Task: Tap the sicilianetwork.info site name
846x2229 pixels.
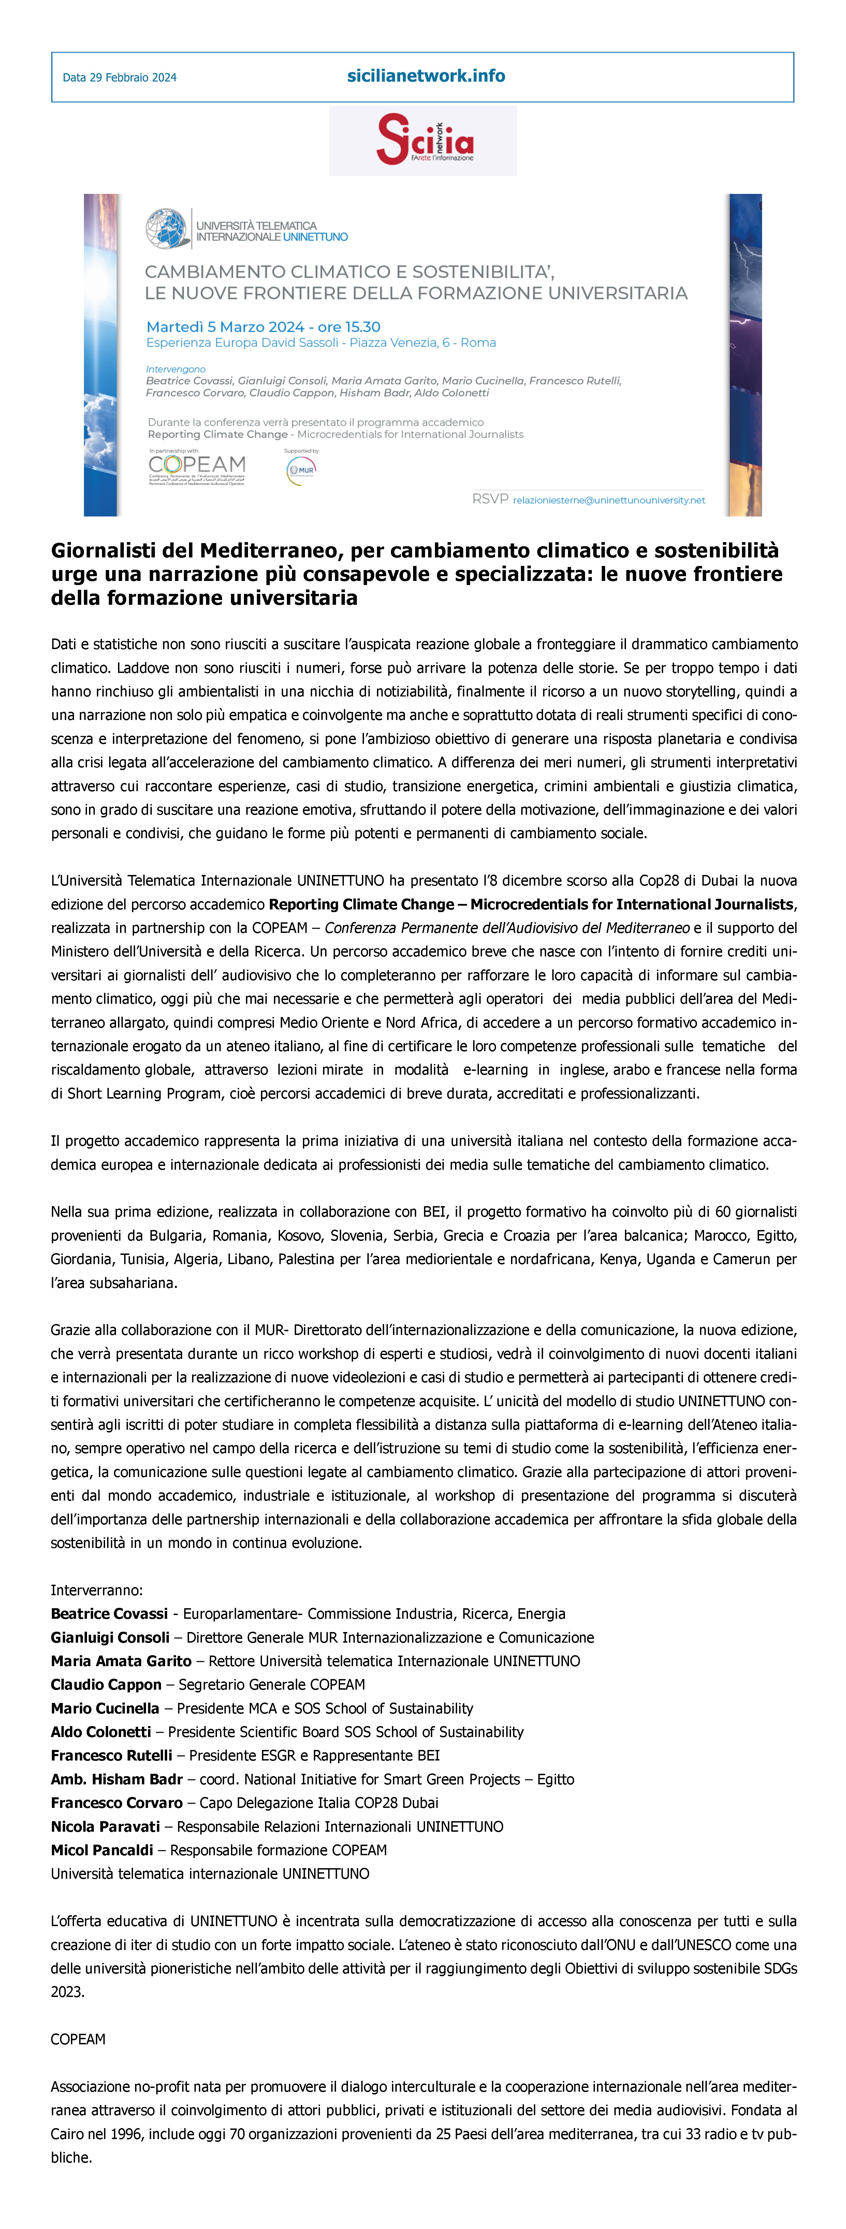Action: [426, 76]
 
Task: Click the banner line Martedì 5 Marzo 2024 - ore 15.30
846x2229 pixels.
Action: [263, 327]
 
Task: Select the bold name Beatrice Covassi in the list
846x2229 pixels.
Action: [109, 1614]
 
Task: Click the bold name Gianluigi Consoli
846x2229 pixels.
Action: [110, 1637]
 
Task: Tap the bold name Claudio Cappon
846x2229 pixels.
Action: [106, 1684]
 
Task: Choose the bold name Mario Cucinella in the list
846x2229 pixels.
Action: [105, 1708]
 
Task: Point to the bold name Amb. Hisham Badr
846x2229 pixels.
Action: [116, 1779]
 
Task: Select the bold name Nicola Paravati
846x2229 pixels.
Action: [105, 1826]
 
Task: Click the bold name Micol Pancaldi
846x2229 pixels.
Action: [101, 1850]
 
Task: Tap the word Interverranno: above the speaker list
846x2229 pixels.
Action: [96, 1590]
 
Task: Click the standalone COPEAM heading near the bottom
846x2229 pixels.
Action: [78, 2040]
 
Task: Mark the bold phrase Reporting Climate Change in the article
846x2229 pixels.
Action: [361, 904]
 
